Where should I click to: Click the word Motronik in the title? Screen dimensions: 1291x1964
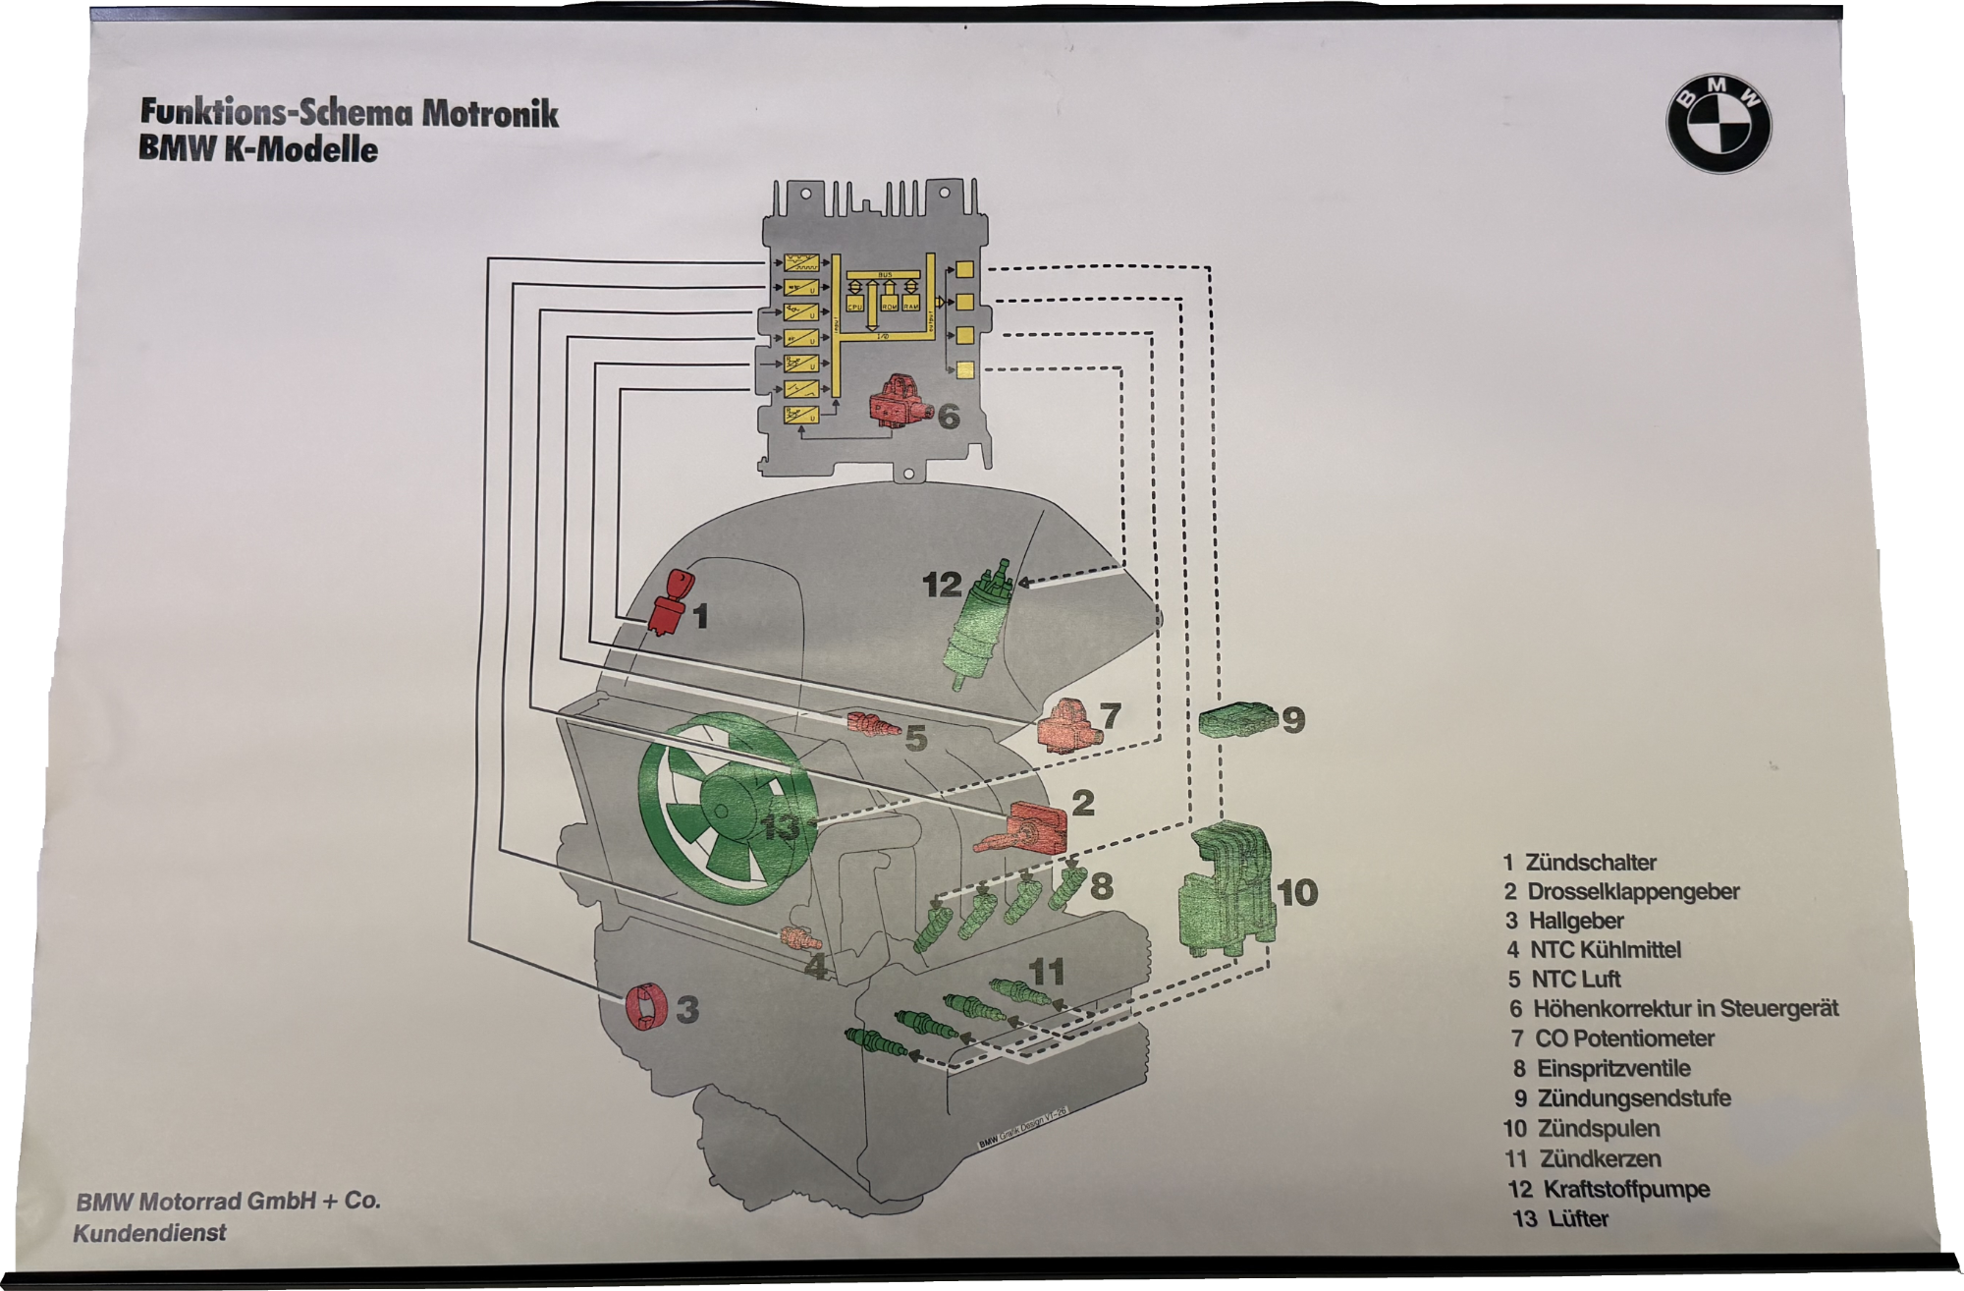coord(490,114)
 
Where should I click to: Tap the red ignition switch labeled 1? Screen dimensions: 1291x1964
coord(669,600)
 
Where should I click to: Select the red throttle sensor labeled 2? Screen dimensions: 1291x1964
coord(1031,828)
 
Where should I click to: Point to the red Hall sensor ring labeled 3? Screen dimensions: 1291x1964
coord(645,1008)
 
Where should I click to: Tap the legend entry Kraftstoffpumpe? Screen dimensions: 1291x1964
coord(1625,1189)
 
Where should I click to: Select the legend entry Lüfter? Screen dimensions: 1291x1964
coord(1578,1219)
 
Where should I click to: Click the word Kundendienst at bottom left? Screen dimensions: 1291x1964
coord(149,1232)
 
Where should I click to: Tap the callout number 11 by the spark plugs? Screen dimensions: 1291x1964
coord(1046,973)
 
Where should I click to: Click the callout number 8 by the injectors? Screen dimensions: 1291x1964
coord(1102,886)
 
